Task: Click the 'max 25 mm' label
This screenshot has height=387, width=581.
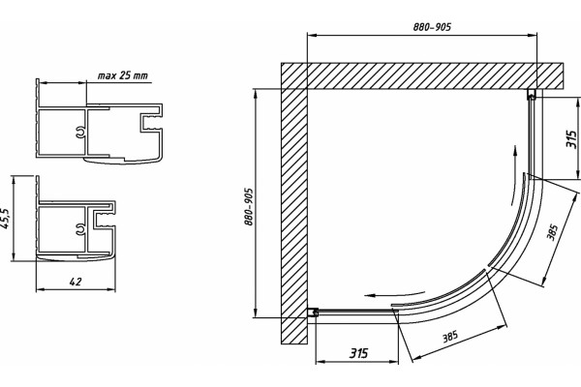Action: pos(122,75)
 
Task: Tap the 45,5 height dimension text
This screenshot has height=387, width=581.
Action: pos(7,218)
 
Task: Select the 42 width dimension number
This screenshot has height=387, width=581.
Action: pos(76,282)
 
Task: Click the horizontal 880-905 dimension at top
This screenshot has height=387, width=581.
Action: pos(432,27)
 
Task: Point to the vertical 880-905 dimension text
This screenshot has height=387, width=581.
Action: pos(249,207)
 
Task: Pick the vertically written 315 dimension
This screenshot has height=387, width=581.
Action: pos(571,139)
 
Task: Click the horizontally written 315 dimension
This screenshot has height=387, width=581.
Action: pos(358,353)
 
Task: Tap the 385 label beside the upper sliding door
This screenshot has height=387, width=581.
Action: pos(552,232)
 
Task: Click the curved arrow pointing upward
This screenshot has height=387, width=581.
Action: pos(513,174)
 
